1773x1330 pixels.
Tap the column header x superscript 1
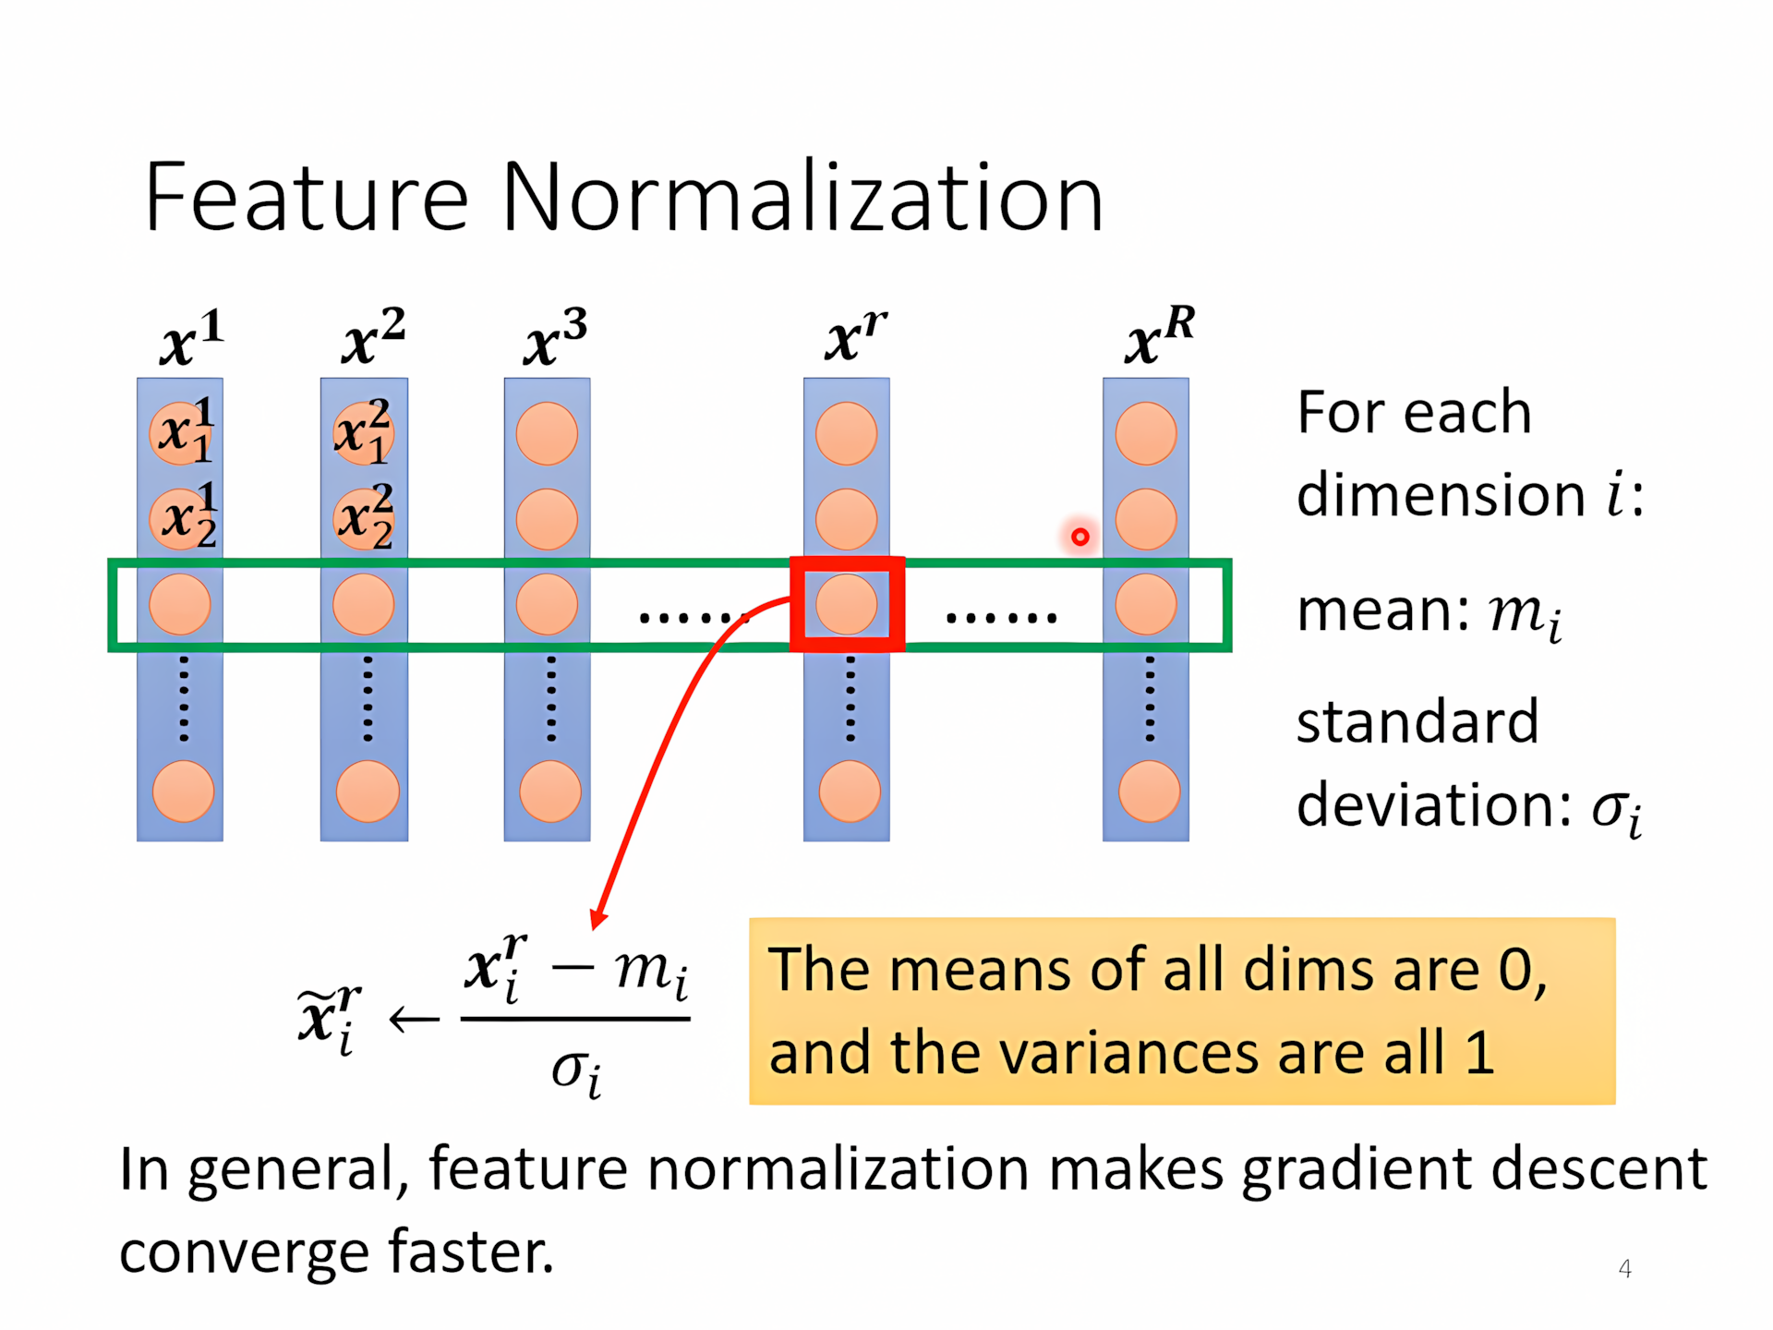[x=192, y=338]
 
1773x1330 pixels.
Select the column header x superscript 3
[x=555, y=338]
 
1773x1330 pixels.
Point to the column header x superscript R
[x=1160, y=336]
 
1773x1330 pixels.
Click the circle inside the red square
[x=847, y=604]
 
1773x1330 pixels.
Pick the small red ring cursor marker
[x=1080, y=537]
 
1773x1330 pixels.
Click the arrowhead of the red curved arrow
[x=598, y=919]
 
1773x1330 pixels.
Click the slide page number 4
[x=1625, y=1269]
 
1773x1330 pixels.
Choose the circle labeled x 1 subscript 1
[x=181, y=433]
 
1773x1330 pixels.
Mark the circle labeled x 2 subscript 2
[x=364, y=519]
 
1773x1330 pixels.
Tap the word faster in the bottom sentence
[x=471, y=1251]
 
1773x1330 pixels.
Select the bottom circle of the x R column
[x=1150, y=792]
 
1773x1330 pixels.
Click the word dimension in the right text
[x=1441, y=495]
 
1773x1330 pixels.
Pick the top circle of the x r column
[x=847, y=433]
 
